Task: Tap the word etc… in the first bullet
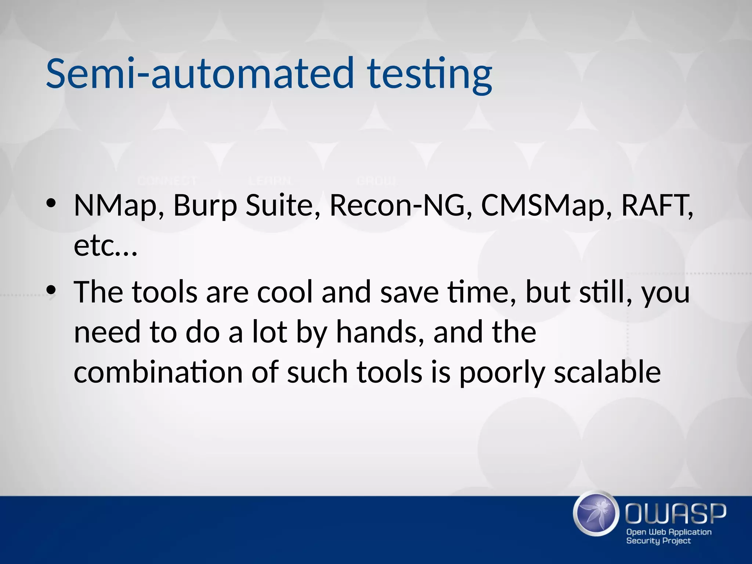(105, 246)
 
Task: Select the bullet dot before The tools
(51, 290)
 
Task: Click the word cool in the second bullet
(285, 292)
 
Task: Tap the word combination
(158, 372)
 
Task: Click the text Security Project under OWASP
(658, 541)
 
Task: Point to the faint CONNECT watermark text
(167, 181)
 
